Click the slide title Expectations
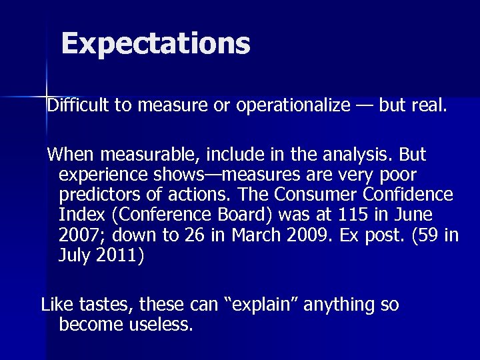[155, 44]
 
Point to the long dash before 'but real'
[364, 105]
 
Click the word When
[72, 155]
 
